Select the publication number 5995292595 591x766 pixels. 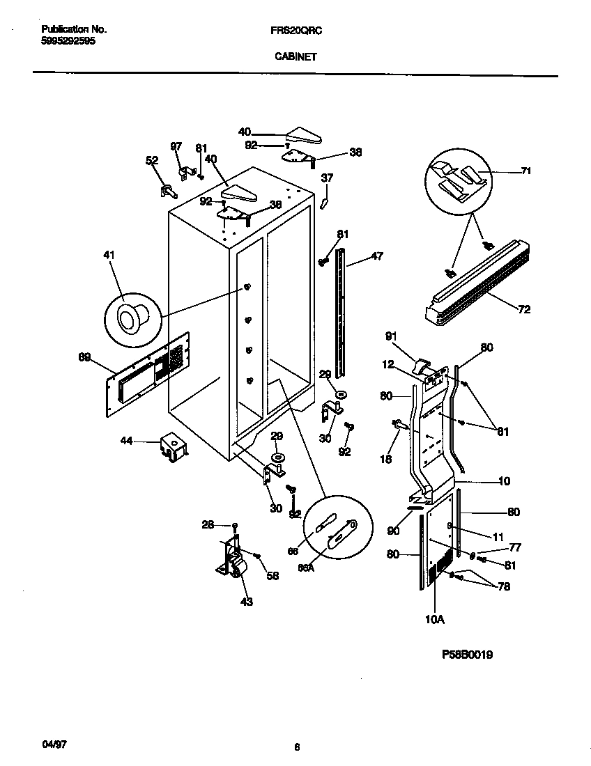pos(68,41)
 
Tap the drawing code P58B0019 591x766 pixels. pos(468,655)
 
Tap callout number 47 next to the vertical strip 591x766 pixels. pos(376,257)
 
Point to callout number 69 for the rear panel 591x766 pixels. pos(84,357)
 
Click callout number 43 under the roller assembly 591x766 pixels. pos(246,601)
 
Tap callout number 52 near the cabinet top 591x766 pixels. pos(152,161)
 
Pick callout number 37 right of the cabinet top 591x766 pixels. pos(327,178)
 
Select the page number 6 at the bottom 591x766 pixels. pos(297,748)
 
